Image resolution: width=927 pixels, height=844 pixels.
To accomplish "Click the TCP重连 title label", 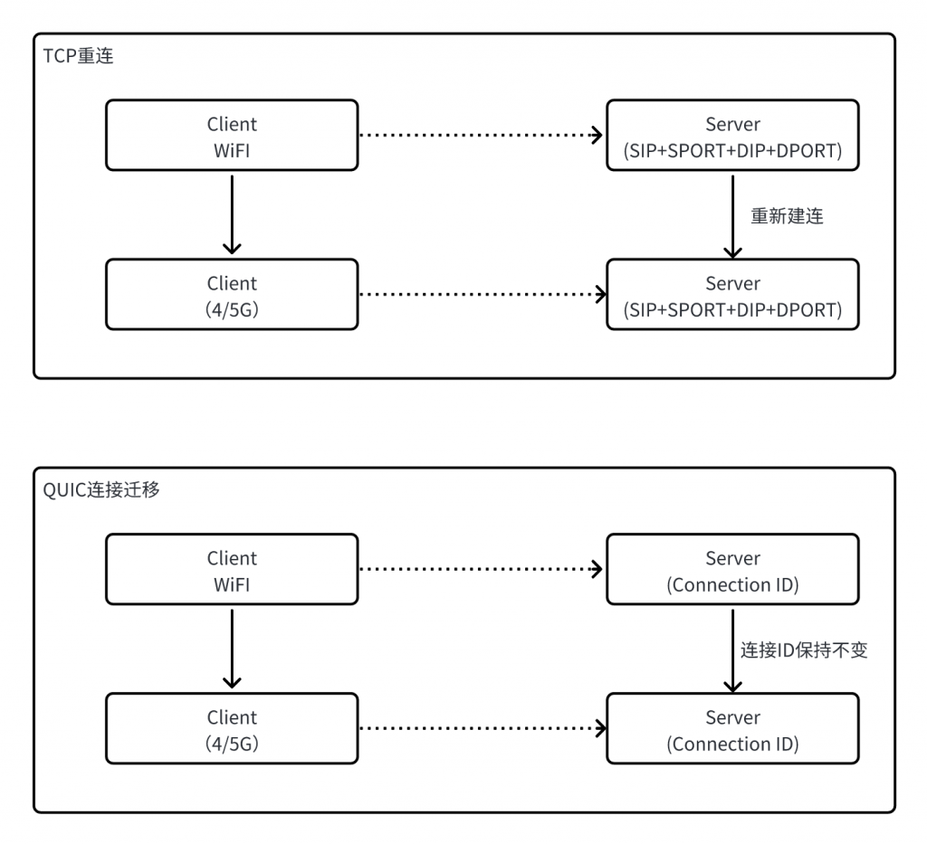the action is (x=78, y=55).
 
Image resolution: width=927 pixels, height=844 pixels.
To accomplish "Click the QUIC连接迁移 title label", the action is (x=101, y=489).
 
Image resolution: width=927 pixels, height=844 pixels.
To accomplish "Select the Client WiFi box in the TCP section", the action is (x=232, y=136).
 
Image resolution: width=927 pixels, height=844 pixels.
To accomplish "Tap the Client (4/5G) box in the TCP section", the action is (x=232, y=294).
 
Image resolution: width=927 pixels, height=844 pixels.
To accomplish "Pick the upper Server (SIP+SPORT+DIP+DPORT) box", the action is (x=732, y=136).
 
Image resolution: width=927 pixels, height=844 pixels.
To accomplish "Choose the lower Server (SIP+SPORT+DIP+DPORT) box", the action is (x=732, y=294).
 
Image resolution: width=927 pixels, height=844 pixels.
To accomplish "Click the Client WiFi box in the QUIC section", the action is (x=232, y=569).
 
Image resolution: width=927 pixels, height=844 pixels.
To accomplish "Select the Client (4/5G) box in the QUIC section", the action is (x=232, y=728).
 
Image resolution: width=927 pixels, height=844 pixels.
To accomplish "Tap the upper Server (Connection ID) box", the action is (x=732, y=569).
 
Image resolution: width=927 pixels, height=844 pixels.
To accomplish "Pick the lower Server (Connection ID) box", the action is (x=732, y=728).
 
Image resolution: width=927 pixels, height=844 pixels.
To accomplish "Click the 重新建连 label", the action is (x=787, y=216).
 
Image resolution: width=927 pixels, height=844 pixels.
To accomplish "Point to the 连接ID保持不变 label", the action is (x=804, y=650).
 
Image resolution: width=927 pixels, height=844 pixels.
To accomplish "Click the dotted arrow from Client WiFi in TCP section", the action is (x=482, y=136).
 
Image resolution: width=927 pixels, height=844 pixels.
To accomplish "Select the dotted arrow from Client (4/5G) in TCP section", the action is (x=483, y=294).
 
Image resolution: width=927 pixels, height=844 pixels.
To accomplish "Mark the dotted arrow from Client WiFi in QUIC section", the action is (x=482, y=569).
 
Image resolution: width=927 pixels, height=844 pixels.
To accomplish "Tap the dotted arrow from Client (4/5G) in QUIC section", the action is (x=483, y=728).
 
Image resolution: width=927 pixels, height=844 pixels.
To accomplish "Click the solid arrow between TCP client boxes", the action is (x=232, y=214).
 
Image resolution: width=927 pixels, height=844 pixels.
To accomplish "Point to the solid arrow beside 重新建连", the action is (x=732, y=216).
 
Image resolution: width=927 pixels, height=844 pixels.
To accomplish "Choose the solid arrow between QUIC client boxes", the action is (x=232, y=649).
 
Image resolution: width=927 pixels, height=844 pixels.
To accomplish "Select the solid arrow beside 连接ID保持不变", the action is (x=732, y=650).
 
